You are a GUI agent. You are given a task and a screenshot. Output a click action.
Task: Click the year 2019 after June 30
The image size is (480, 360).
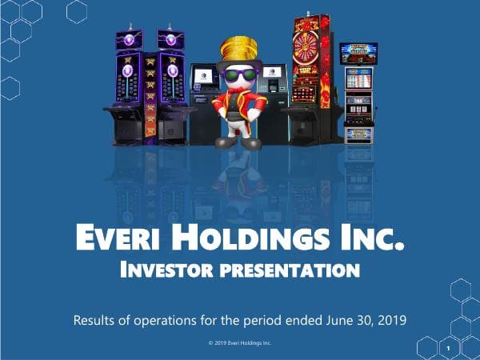coord(391,320)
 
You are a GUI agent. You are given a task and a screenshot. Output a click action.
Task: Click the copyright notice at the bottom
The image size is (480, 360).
coord(240,344)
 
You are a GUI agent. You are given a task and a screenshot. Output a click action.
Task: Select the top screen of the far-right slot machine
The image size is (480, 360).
coord(358,54)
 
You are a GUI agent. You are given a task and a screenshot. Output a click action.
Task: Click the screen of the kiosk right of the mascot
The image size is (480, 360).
coord(274,78)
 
